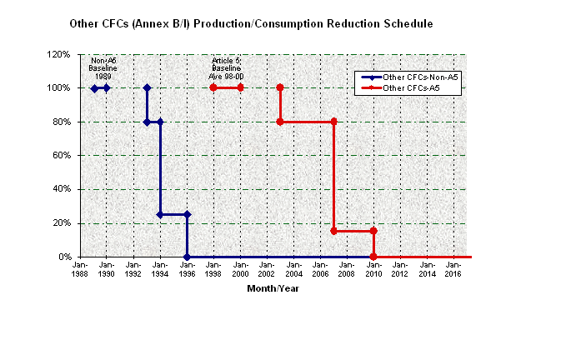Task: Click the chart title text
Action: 252,24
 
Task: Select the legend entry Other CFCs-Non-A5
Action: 420,77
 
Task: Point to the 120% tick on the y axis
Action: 58,54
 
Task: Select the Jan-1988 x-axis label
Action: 80,269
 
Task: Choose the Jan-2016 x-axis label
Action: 453,269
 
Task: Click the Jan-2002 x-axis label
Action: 267,269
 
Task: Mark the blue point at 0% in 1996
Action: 187,257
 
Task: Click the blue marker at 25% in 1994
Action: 160,214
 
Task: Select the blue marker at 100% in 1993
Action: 147,87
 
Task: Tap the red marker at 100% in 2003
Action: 280,87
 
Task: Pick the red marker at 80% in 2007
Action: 333,122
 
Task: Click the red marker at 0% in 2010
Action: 373,257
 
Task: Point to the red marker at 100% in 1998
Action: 213,87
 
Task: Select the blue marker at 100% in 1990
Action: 107,87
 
